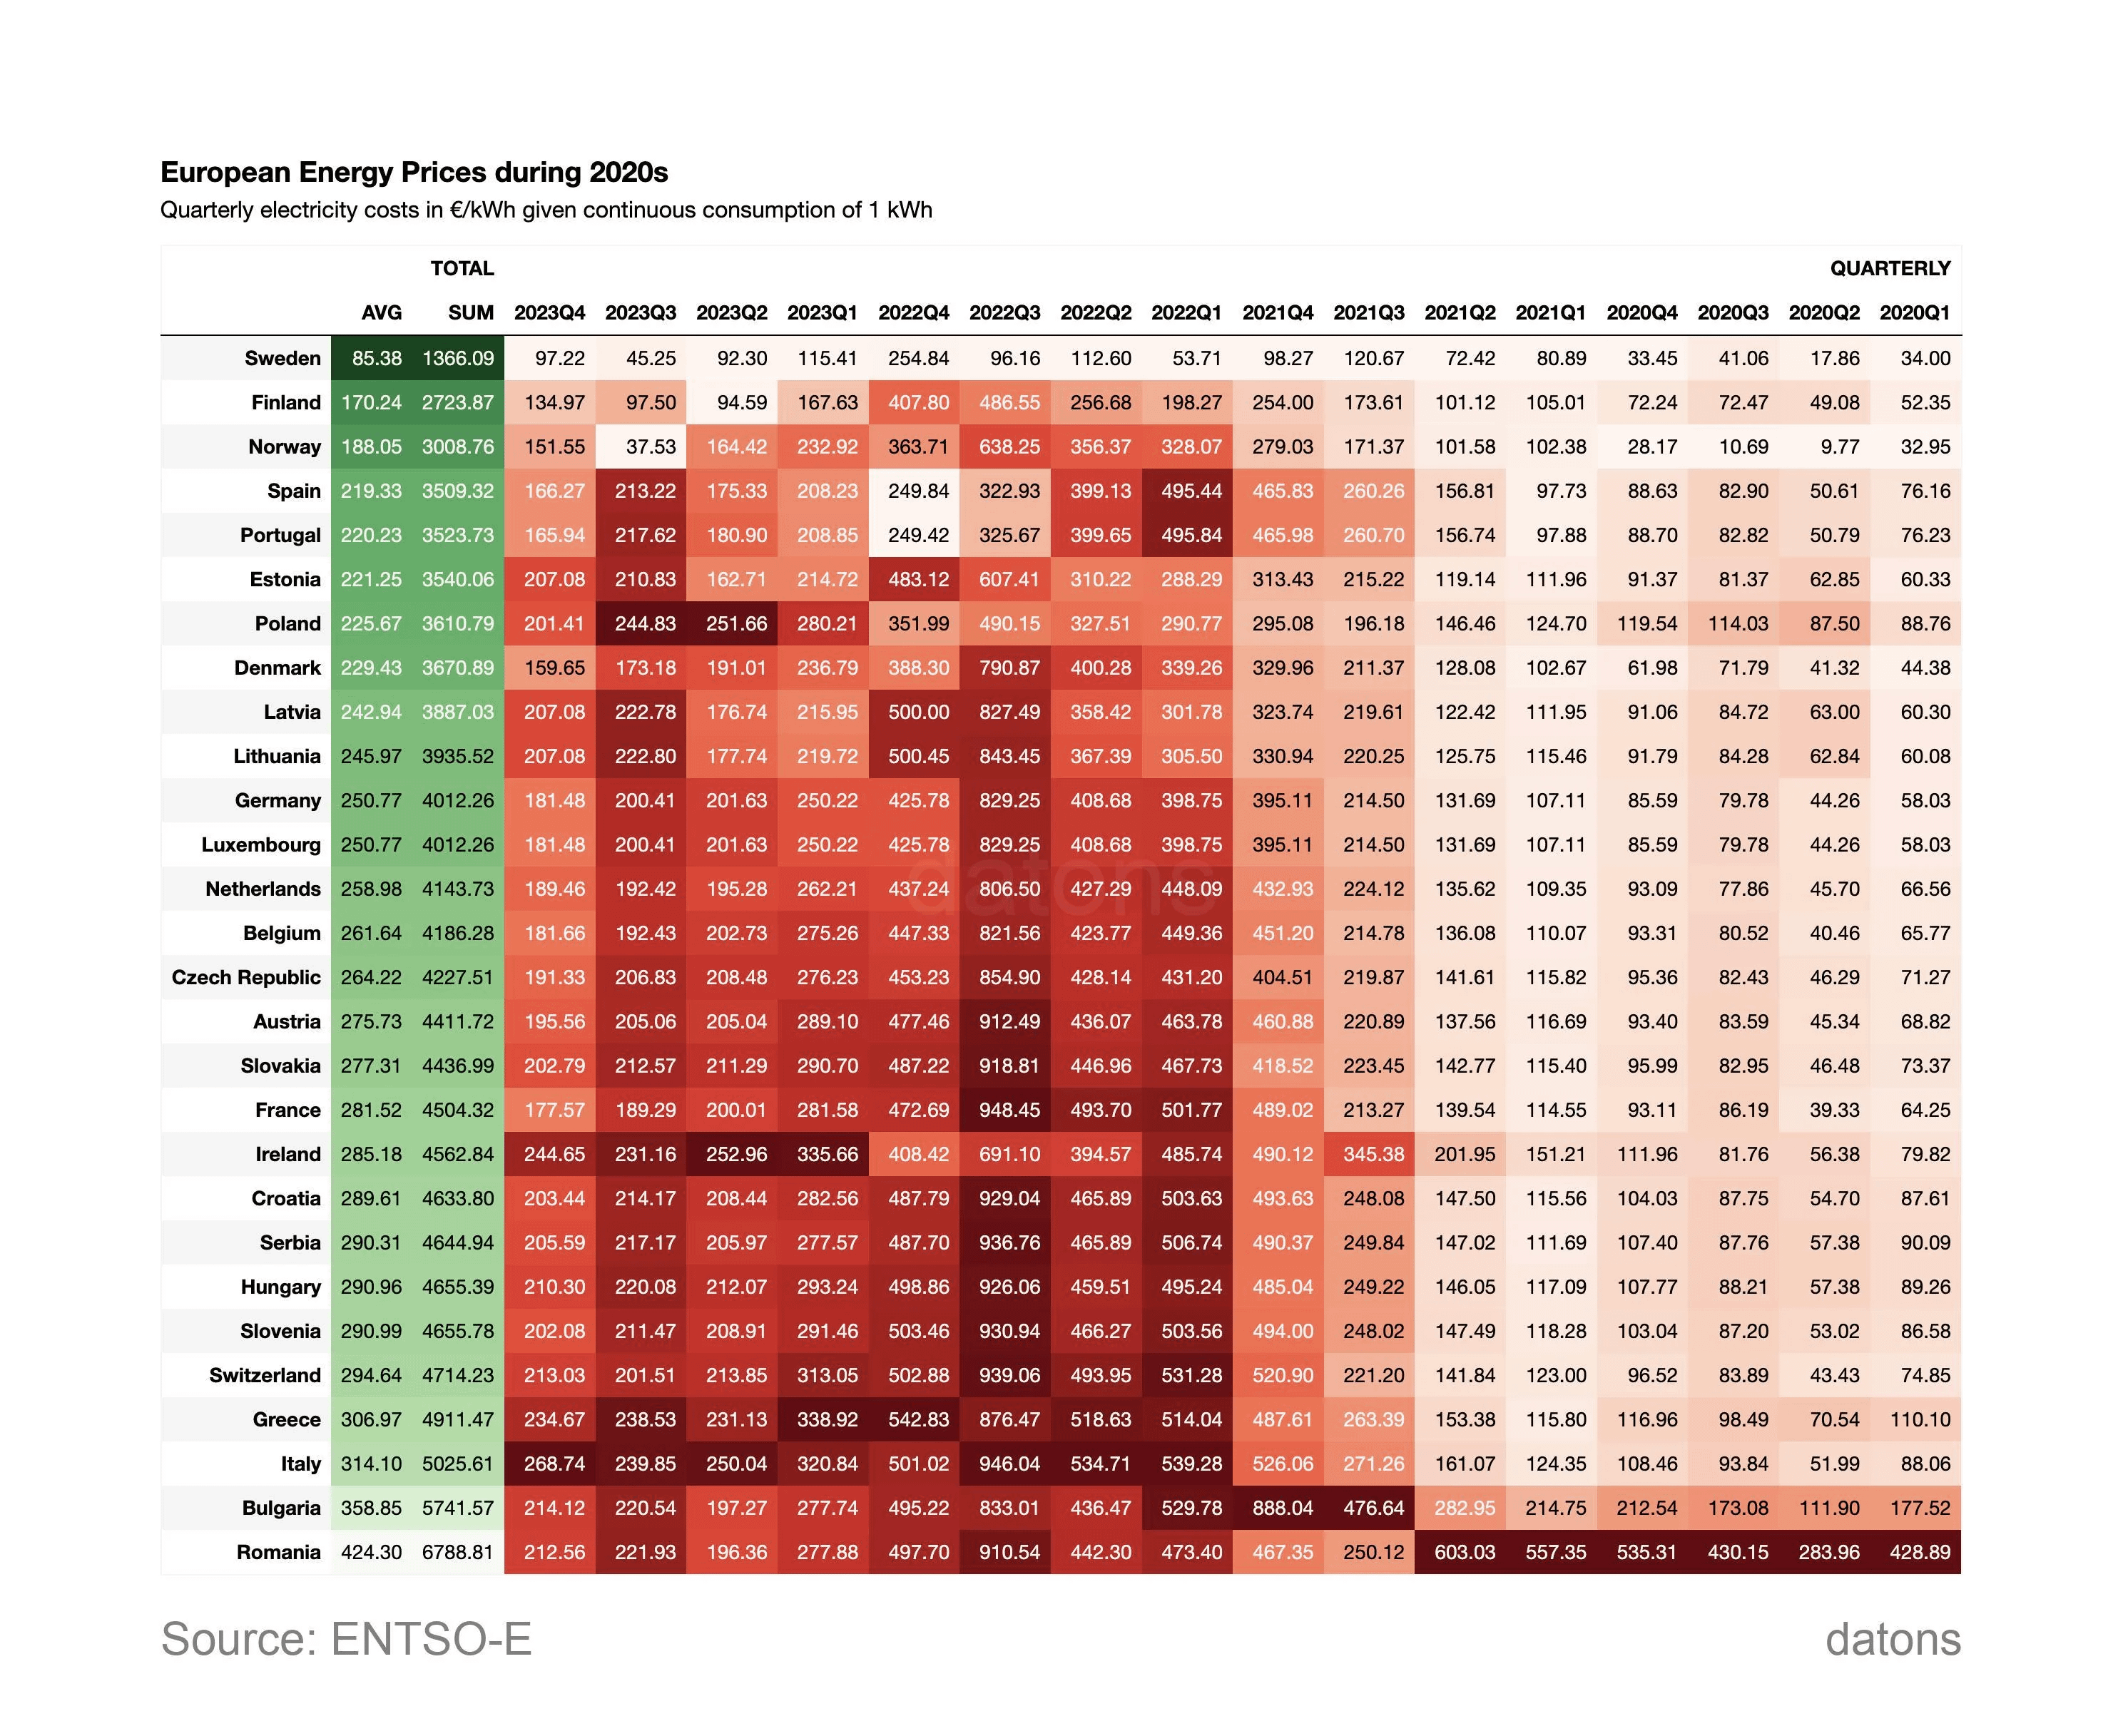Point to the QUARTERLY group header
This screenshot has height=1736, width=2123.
point(1889,268)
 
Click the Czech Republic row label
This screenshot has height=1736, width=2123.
point(246,977)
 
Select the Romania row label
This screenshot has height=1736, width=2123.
point(278,1552)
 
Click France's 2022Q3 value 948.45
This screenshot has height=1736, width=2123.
point(1009,1109)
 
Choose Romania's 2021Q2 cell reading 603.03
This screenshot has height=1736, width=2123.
point(1464,1552)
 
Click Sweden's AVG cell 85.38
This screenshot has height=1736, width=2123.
point(377,358)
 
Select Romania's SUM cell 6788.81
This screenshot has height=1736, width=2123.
point(458,1552)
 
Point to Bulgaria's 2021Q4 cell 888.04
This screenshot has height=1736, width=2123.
point(1282,1507)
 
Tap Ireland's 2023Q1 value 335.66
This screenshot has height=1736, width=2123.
point(827,1154)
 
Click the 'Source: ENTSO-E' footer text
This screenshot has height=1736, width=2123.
point(346,1640)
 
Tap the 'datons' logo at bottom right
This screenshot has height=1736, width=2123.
point(1892,1640)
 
